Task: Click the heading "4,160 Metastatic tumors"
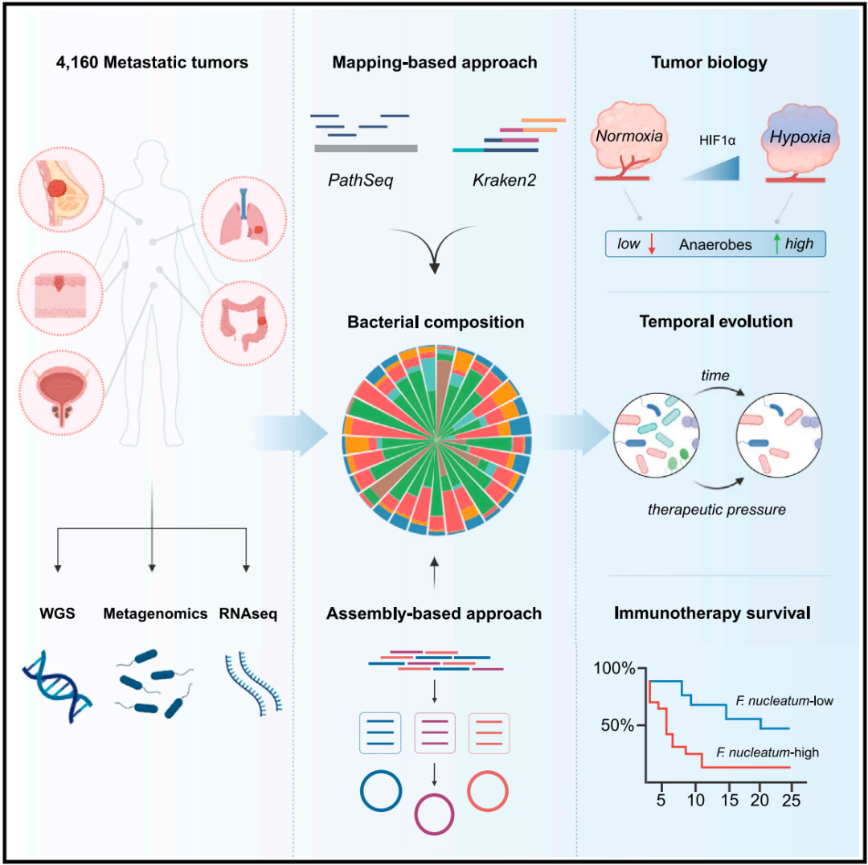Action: pos(152,62)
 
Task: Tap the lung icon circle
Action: pos(244,219)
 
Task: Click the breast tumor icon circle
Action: pos(61,190)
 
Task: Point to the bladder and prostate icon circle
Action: pos(61,393)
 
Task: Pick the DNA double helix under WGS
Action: pos(57,687)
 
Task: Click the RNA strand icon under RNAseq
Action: pos(253,684)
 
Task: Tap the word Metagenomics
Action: pos(155,613)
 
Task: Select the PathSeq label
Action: pos(360,180)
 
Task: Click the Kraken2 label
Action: pos(504,180)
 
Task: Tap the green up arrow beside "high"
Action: pos(776,244)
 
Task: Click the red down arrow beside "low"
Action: pos(652,244)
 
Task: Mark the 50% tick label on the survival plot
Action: pos(617,725)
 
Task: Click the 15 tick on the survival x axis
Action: pos(730,800)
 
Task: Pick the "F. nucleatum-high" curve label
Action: pos(768,752)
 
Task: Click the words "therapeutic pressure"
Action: pos(717,510)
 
